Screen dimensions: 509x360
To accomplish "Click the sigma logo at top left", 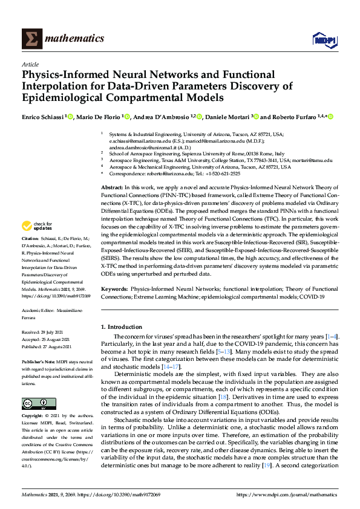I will [x=31, y=39].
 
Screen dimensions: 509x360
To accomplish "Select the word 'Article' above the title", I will [x=30, y=64].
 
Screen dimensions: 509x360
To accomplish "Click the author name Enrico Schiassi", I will [x=43, y=117].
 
